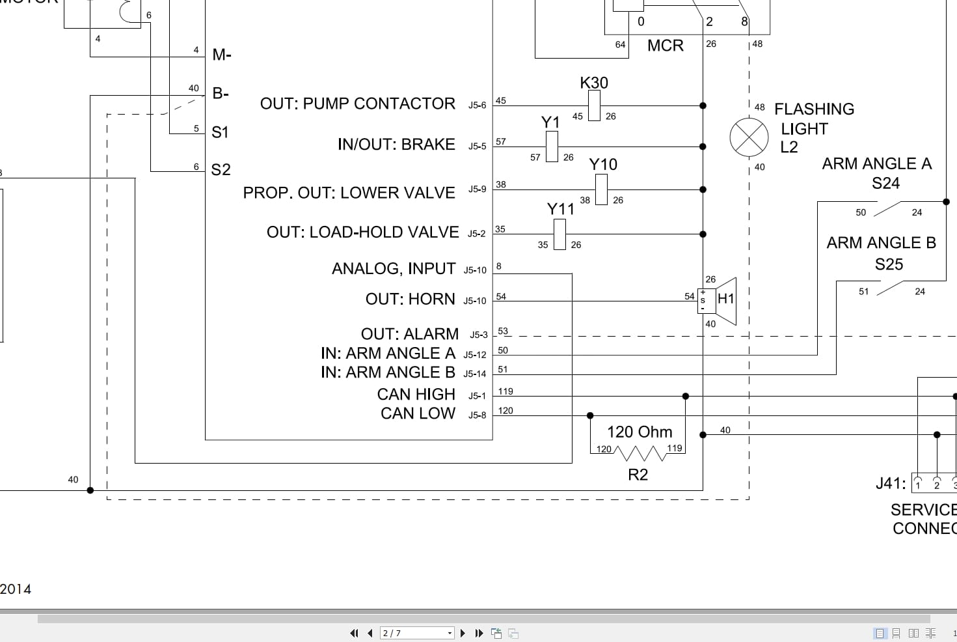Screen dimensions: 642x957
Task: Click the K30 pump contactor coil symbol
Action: pyautogui.click(x=594, y=105)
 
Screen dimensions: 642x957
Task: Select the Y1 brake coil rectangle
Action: pyautogui.click(x=552, y=147)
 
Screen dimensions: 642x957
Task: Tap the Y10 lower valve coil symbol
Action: pyautogui.click(x=601, y=189)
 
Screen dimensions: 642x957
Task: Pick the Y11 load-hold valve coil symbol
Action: pyautogui.click(x=559, y=234)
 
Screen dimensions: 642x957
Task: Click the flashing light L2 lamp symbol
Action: pyautogui.click(x=749, y=138)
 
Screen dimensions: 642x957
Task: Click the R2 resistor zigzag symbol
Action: pyautogui.click(x=638, y=453)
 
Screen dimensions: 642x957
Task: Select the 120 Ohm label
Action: pyautogui.click(x=639, y=432)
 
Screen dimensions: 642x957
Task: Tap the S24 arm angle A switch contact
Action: pyautogui.click(x=888, y=209)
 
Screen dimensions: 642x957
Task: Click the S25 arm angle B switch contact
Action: pyautogui.click(x=890, y=288)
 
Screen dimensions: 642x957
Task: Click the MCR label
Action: pyautogui.click(x=665, y=46)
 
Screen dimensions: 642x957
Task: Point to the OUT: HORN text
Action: pyautogui.click(x=410, y=299)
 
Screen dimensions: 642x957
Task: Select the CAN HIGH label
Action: pyautogui.click(x=416, y=395)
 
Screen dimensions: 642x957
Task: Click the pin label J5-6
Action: pyautogui.click(x=477, y=105)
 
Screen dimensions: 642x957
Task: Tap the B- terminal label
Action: pyautogui.click(x=221, y=93)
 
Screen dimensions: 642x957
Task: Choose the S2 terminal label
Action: pyautogui.click(x=221, y=170)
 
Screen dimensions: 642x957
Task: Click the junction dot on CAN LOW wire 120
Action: pyautogui.click(x=590, y=415)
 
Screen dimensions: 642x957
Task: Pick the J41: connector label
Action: pyautogui.click(x=890, y=483)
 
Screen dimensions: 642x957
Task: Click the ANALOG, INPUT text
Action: pyautogui.click(x=393, y=268)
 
